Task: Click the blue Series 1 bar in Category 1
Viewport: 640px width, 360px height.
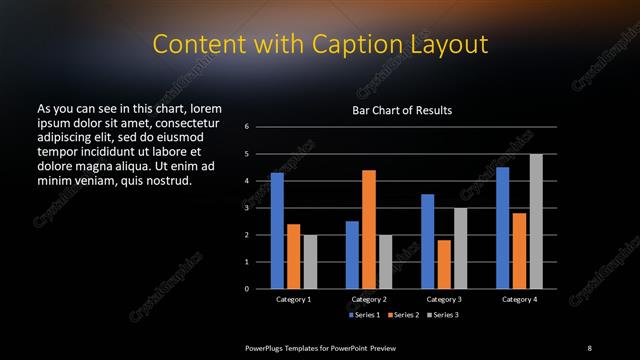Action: (277, 231)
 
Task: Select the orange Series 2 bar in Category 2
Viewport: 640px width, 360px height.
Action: (369, 229)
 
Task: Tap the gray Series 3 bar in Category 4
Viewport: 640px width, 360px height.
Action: (536, 221)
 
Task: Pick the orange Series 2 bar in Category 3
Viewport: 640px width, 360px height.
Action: (444, 264)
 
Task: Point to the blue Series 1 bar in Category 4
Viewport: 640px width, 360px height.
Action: (503, 228)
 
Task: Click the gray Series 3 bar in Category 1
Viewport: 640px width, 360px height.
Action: (310, 262)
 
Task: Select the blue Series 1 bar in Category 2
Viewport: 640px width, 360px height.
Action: (352, 255)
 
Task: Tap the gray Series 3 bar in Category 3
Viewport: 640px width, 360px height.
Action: (460, 248)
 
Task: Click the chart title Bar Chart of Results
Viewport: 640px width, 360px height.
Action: (402, 109)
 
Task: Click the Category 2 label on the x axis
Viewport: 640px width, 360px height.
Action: (369, 299)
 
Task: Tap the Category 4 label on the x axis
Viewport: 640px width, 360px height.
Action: (519, 299)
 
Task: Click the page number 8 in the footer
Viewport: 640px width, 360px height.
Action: (589, 347)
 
